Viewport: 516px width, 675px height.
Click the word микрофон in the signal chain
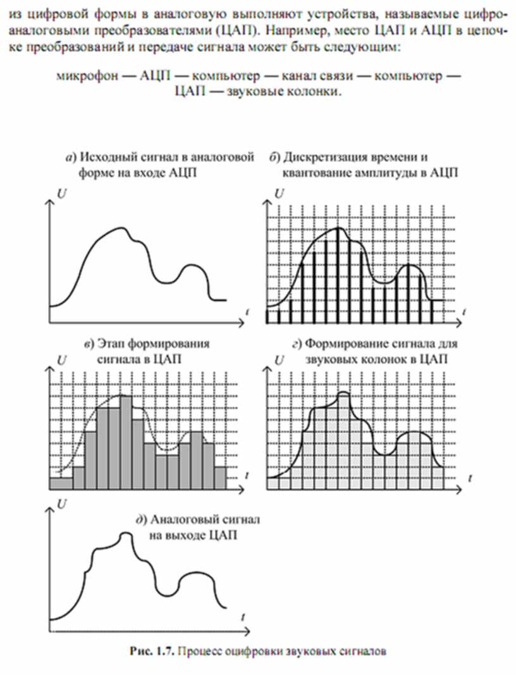coord(83,77)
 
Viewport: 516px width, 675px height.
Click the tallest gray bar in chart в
coord(125,443)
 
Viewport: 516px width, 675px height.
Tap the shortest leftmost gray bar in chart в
coord(61,483)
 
